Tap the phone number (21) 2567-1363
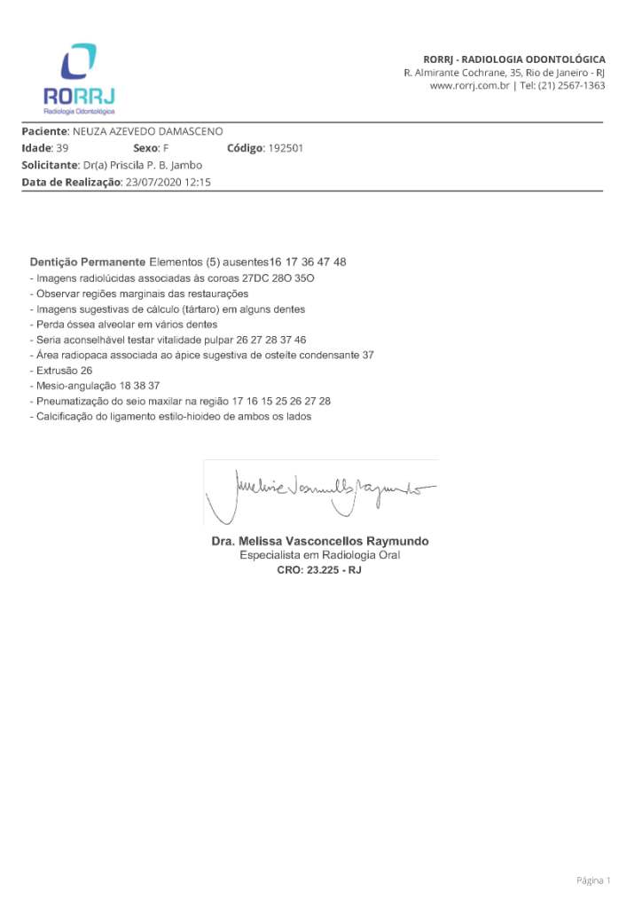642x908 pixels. [x=575, y=86]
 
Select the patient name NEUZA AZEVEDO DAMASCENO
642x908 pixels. [x=147, y=131]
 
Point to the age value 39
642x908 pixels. [x=62, y=148]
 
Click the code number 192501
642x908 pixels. [x=286, y=148]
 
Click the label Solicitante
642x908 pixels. [x=49, y=165]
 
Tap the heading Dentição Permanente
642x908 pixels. [x=87, y=262]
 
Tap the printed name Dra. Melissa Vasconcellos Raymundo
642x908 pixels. [x=319, y=541]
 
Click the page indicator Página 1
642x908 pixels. [x=593, y=881]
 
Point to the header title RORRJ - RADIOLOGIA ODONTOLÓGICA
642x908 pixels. [x=514, y=59]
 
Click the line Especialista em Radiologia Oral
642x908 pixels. [x=319, y=555]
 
